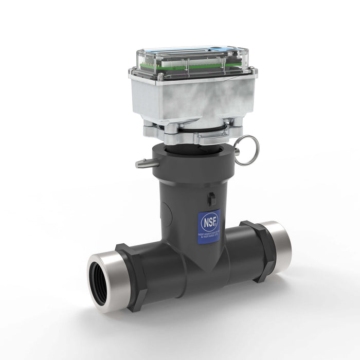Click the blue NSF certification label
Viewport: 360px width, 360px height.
tap(208, 226)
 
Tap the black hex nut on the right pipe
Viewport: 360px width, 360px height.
tap(256, 250)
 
